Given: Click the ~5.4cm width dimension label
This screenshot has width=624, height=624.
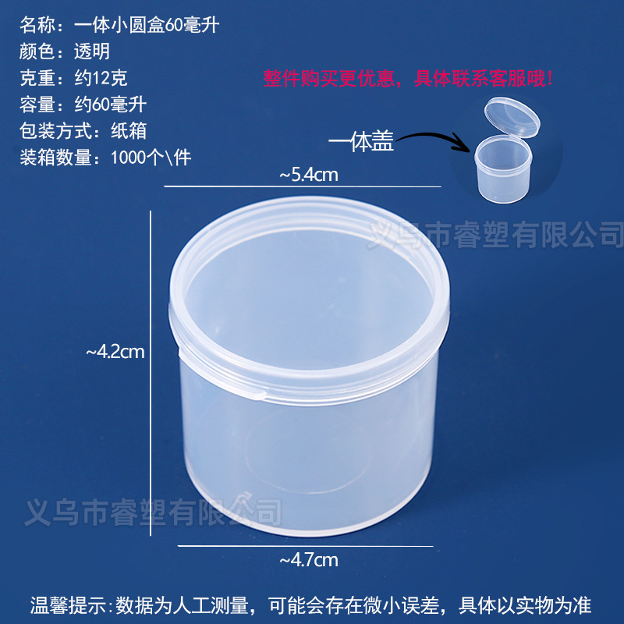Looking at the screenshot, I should point(308,175).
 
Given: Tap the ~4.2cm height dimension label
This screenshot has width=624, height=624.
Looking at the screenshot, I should point(115,352).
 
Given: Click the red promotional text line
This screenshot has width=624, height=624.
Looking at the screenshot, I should point(409,78).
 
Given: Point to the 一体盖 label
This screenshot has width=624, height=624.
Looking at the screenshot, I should point(360,143).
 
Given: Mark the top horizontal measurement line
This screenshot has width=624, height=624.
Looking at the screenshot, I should point(303,187).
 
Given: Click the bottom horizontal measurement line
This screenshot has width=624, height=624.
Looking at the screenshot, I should point(304,546).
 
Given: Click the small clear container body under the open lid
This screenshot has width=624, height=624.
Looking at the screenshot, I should point(503,168).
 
